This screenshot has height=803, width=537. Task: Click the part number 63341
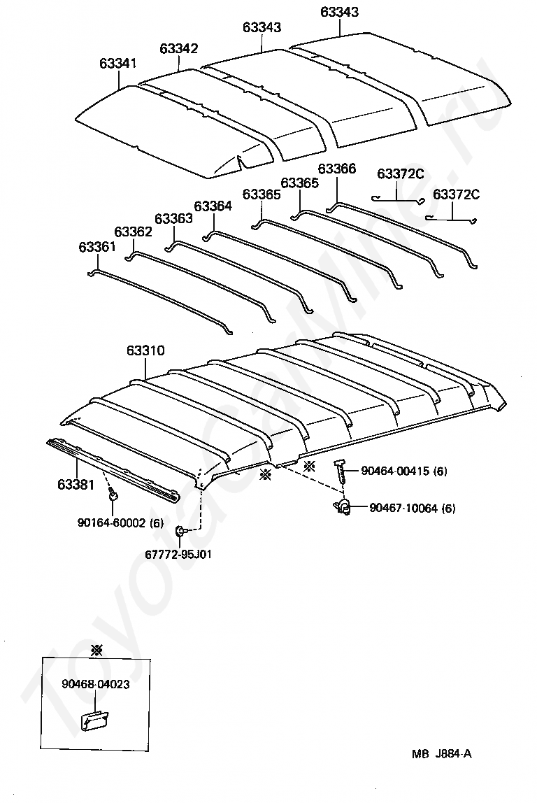tap(117, 63)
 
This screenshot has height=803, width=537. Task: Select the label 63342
tap(179, 48)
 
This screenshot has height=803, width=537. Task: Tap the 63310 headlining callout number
tap(145, 350)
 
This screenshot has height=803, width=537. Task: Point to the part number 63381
tap(76, 484)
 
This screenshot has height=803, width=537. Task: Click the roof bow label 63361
tap(97, 247)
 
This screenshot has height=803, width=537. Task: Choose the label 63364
tap(213, 206)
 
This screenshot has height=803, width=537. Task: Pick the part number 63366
tap(337, 169)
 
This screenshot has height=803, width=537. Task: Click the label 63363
tap(173, 218)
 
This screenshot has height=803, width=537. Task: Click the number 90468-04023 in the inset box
tap(95, 684)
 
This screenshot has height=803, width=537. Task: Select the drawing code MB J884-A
tap(442, 753)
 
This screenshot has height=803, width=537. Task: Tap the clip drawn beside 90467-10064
tap(343, 507)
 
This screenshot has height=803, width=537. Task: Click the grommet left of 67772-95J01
tap(180, 531)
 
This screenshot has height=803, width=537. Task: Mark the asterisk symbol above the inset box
tap(96, 651)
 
